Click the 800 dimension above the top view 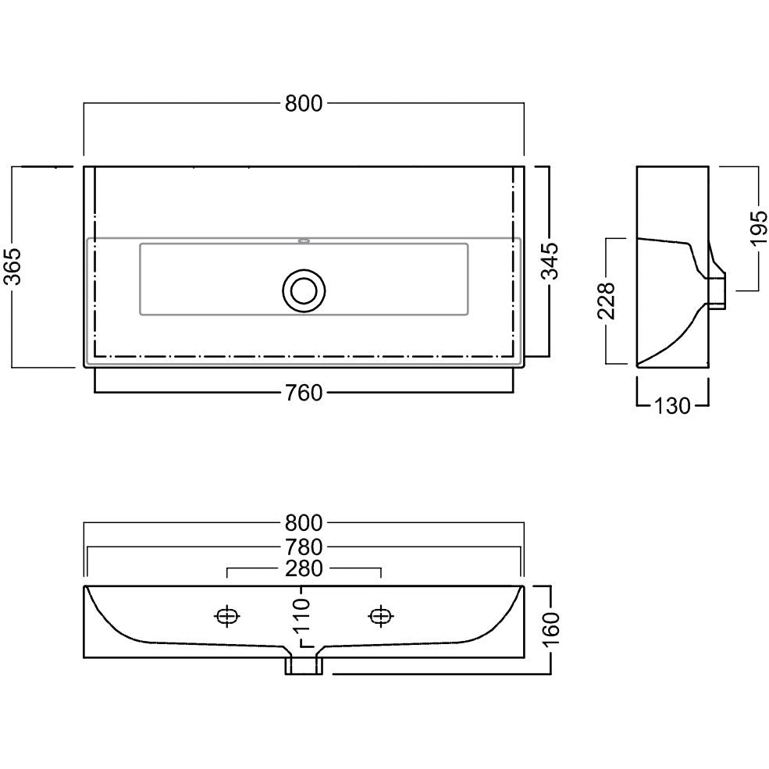click(x=304, y=104)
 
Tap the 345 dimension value click(x=550, y=261)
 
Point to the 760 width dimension click(x=304, y=393)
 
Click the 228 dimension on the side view click(x=607, y=301)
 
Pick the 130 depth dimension click(x=672, y=406)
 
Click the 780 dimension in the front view click(x=304, y=547)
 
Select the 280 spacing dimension click(x=304, y=569)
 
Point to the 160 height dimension click(x=550, y=630)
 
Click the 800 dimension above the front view click(x=304, y=523)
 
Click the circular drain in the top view click(x=304, y=290)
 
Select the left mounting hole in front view click(x=227, y=616)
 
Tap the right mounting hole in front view click(x=381, y=616)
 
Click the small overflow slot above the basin click(x=304, y=240)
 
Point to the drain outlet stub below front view click(x=304, y=665)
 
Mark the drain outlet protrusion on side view click(x=717, y=292)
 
